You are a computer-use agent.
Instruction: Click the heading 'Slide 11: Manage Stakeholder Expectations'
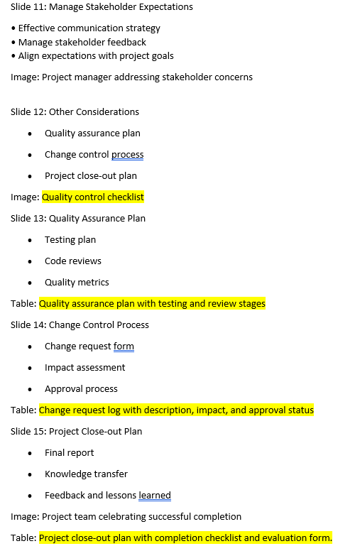click(x=102, y=7)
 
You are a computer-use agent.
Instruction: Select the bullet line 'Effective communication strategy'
click(x=89, y=28)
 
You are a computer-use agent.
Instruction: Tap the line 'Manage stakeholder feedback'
click(x=82, y=42)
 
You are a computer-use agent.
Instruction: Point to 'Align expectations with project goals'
click(x=95, y=56)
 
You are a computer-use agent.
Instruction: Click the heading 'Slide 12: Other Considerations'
click(x=75, y=112)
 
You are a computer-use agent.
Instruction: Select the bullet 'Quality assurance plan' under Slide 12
click(x=92, y=133)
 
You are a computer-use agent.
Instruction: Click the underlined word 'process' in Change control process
click(x=128, y=155)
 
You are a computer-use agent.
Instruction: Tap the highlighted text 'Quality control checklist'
click(x=93, y=197)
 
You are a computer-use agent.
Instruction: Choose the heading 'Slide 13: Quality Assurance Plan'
click(x=78, y=219)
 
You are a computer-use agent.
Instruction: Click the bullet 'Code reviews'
click(x=73, y=261)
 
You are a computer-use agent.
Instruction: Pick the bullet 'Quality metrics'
click(x=77, y=283)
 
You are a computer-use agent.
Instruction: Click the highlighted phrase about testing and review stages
click(x=152, y=304)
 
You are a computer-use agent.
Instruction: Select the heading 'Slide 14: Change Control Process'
click(x=80, y=325)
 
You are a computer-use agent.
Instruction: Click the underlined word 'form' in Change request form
click(x=124, y=347)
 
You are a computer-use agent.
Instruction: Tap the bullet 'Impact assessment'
click(x=84, y=368)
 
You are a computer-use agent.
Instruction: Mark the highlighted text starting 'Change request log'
click(x=176, y=410)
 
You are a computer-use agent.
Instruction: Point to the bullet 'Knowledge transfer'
click(x=86, y=474)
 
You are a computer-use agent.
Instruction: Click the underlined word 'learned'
click(x=155, y=496)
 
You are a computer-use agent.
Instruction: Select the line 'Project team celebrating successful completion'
click(x=141, y=517)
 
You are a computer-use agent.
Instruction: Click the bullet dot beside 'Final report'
click(x=29, y=453)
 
